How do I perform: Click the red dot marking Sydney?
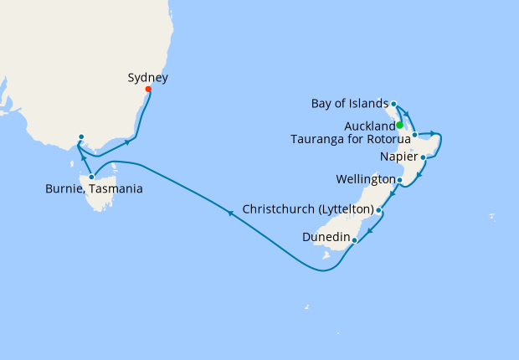click(x=148, y=90)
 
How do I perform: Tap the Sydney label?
click(x=148, y=78)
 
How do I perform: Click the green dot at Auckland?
click(x=400, y=126)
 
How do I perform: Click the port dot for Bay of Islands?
click(x=392, y=105)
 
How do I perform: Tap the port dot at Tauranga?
click(x=414, y=134)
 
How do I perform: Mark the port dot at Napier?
click(x=424, y=157)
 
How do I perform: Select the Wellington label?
click(x=365, y=180)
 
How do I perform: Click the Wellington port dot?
click(x=399, y=180)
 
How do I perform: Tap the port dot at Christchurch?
click(x=379, y=209)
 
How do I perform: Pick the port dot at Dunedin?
click(x=355, y=240)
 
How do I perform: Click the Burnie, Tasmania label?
click(x=94, y=189)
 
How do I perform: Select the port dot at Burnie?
click(x=91, y=177)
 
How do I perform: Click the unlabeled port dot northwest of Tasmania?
click(x=80, y=136)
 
